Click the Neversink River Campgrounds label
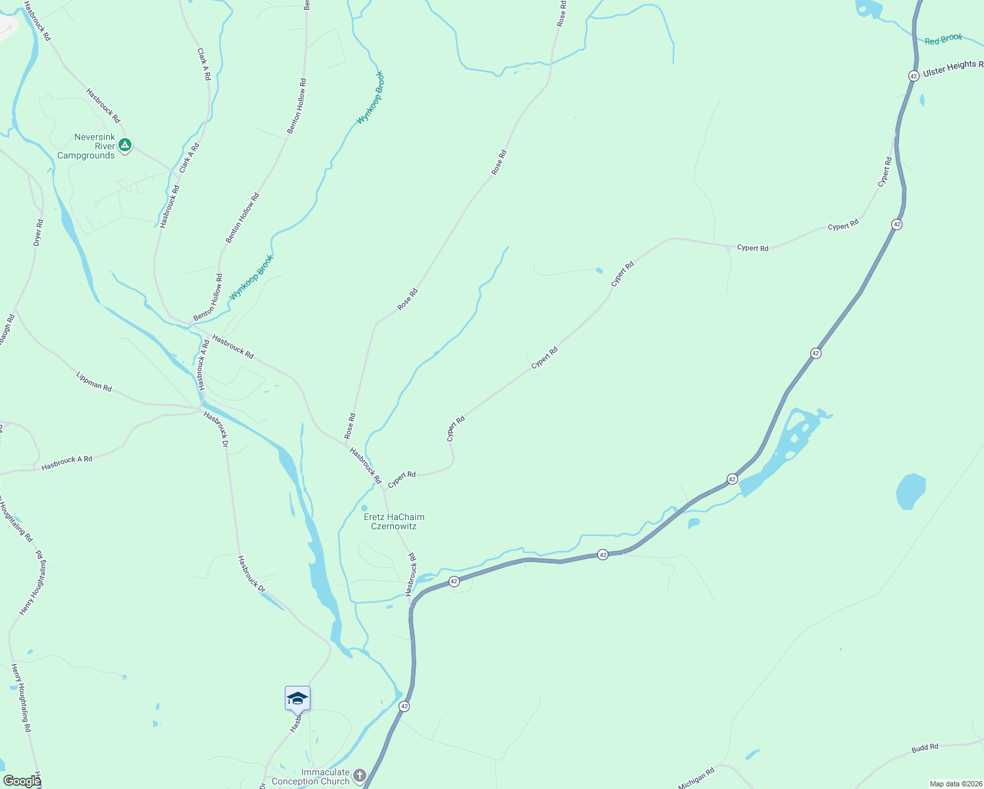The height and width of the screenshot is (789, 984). [86, 146]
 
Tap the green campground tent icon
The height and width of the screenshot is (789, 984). [125, 145]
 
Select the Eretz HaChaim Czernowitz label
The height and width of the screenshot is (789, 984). [394, 521]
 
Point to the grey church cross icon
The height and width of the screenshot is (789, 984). [359, 776]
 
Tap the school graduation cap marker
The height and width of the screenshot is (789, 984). [297, 699]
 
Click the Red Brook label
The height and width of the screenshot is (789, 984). [943, 39]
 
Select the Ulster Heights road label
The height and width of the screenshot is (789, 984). [952, 68]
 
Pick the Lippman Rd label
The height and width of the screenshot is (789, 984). [94, 382]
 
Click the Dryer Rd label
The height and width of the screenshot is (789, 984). [38, 233]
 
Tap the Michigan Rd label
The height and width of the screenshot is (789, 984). [696, 778]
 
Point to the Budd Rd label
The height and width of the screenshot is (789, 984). [925, 748]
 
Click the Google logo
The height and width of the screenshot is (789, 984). [22, 781]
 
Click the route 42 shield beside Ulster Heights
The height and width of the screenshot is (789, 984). [914, 76]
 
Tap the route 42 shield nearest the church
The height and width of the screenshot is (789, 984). [404, 706]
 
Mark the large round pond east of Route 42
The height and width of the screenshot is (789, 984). [911, 490]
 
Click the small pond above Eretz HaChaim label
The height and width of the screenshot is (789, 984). [364, 508]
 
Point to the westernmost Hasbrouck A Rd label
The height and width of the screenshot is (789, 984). [67, 463]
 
